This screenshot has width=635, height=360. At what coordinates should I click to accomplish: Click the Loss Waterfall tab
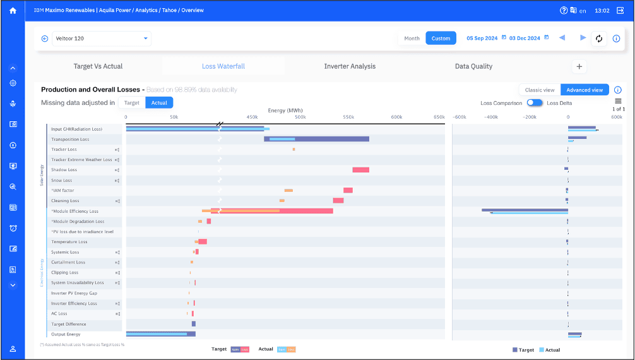[223, 66]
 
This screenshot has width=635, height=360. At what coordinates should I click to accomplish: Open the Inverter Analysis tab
[350, 66]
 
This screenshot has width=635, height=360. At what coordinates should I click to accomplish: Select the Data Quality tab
[473, 66]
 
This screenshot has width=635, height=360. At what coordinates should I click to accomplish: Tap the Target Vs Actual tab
[98, 66]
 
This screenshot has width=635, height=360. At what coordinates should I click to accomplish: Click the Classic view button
[540, 90]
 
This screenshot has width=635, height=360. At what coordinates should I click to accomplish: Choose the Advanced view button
[585, 90]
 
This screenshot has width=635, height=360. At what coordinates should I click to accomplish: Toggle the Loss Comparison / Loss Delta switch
[535, 102]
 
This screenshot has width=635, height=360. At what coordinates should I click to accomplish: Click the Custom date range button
[441, 39]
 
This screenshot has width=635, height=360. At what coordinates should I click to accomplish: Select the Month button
[412, 39]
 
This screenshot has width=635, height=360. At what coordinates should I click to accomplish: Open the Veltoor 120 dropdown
[101, 39]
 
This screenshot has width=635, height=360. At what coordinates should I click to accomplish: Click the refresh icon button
[599, 39]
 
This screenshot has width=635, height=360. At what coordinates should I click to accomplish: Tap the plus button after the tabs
[579, 66]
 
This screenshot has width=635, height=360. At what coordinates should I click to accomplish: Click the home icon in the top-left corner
[13, 11]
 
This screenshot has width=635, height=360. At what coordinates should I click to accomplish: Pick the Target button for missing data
[132, 102]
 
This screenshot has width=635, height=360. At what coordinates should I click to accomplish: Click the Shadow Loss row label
[64, 170]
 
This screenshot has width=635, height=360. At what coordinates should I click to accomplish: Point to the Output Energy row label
[66, 334]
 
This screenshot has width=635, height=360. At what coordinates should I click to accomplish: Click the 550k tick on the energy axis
[348, 117]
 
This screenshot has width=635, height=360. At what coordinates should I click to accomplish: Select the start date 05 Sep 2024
[483, 39]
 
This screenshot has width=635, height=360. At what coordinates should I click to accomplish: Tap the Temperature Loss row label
[69, 242]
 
